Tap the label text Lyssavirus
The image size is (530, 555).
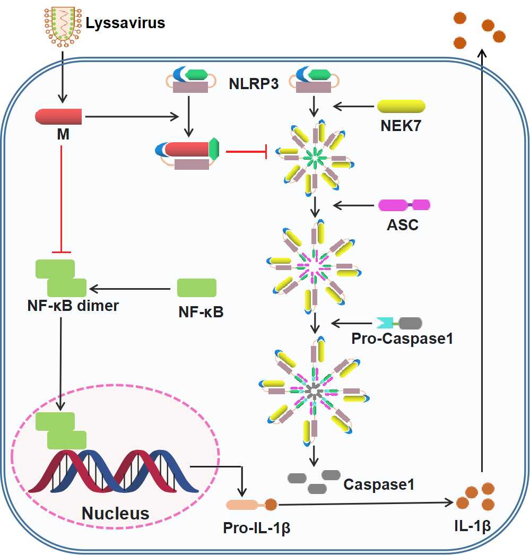125,23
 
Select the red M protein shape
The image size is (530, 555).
58,116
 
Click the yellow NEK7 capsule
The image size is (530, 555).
401,106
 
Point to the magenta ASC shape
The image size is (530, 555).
404,205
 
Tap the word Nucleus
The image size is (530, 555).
115,513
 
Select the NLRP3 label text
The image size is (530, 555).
254,83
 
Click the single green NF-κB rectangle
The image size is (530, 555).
196,288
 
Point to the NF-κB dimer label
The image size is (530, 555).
73,306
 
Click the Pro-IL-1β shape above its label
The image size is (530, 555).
251,505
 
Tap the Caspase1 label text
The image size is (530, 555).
378,484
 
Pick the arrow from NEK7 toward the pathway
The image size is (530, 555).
354,107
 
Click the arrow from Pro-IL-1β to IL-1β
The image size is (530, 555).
366,502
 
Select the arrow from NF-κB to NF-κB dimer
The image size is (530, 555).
133,289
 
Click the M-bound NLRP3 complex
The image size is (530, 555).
188,153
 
